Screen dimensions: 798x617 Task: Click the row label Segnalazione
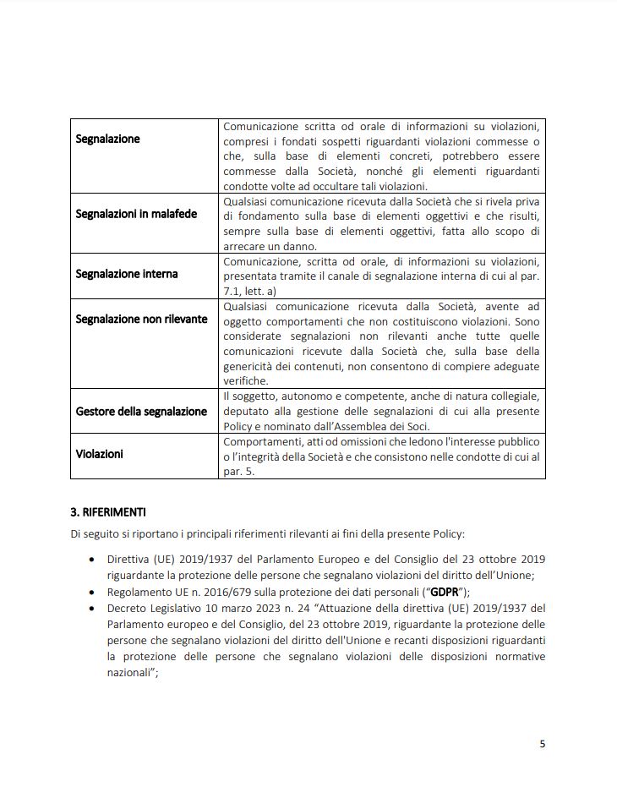point(107,139)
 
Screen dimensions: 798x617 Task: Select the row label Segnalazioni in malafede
point(136,214)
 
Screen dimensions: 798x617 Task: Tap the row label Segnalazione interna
point(127,274)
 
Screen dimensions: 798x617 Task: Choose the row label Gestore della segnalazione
point(141,411)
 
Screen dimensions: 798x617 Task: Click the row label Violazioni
point(99,454)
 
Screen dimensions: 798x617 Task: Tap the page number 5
point(542,744)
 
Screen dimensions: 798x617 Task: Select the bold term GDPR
point(444,592)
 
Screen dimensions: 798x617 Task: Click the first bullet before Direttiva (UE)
point(91,560)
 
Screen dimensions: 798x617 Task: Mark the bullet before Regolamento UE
point(91,592)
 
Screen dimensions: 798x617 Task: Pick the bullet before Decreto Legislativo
point(91,608)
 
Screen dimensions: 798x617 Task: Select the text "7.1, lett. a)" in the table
point(252,291)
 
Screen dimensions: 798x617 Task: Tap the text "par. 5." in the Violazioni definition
point(238,473)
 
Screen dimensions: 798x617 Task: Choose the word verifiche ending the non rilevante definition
point(245,381)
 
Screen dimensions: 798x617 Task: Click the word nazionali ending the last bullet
point(131,672)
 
